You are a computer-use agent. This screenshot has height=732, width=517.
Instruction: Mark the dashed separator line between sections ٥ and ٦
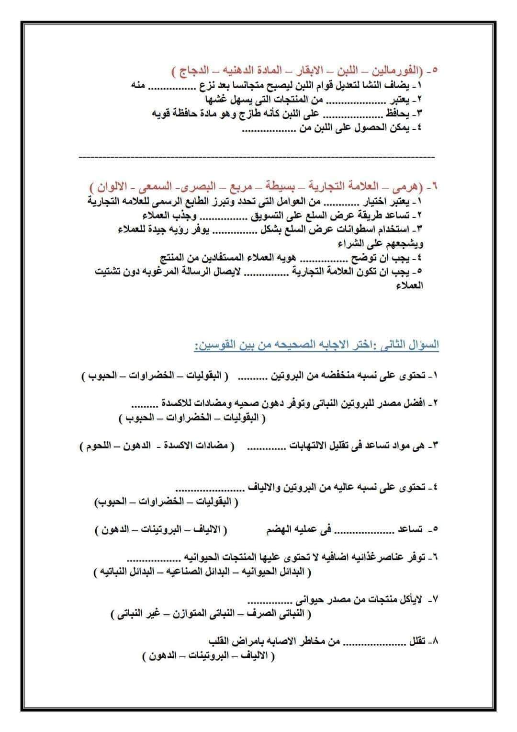[x=256, y=157]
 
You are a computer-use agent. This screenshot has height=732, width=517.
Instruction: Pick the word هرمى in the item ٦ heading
[x=409, y=186]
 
